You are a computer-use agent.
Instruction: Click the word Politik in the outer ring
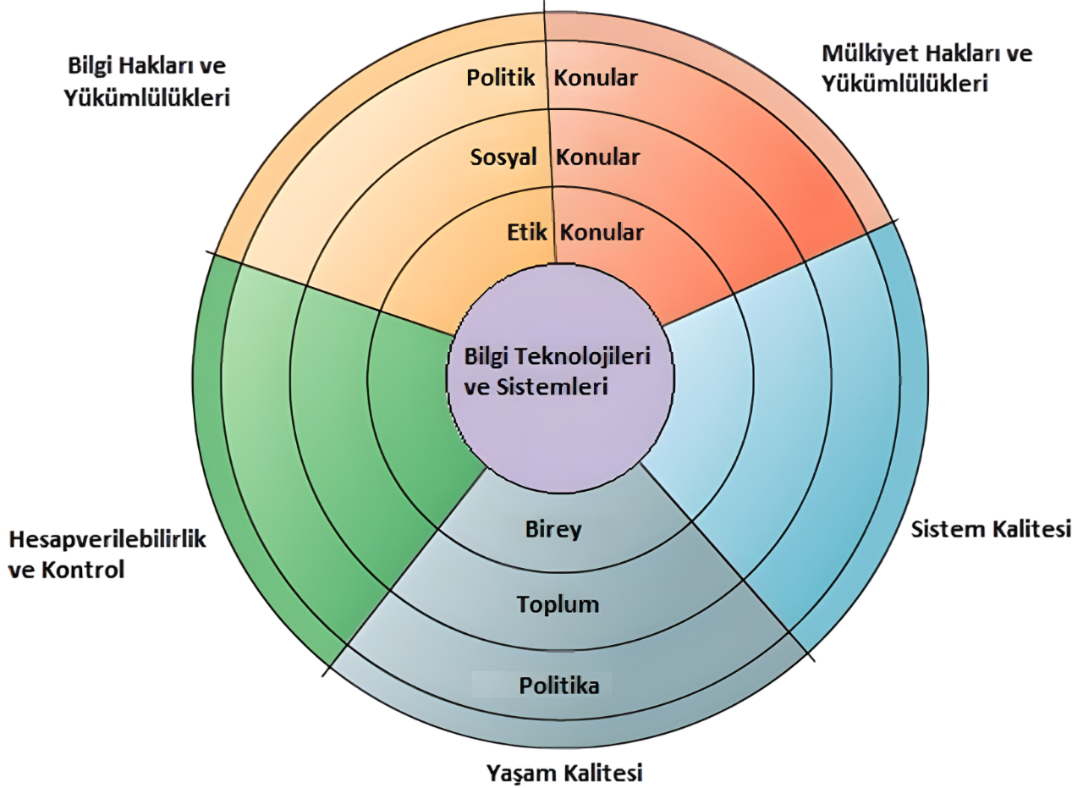pos(501,78)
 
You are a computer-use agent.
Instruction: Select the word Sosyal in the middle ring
pos(503,157)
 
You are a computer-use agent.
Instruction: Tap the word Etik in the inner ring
pos(527,232)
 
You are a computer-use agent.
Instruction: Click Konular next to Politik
pos(596,78)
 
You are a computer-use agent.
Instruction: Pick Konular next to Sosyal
pos(597,157)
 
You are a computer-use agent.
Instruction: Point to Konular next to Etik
pos(602,232)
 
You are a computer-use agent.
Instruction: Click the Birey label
pos(553,529)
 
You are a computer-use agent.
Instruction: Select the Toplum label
pos(558,604)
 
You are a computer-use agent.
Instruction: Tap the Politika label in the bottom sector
pos(559,685)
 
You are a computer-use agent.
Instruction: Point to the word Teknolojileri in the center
pos(589,356)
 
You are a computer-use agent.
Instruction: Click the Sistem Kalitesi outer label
pos(991,530)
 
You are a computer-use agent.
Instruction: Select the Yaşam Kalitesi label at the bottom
pos(564,772)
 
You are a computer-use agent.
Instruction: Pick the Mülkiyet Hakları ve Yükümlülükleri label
pos(926,69)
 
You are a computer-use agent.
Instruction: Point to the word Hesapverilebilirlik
pos(107,539)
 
